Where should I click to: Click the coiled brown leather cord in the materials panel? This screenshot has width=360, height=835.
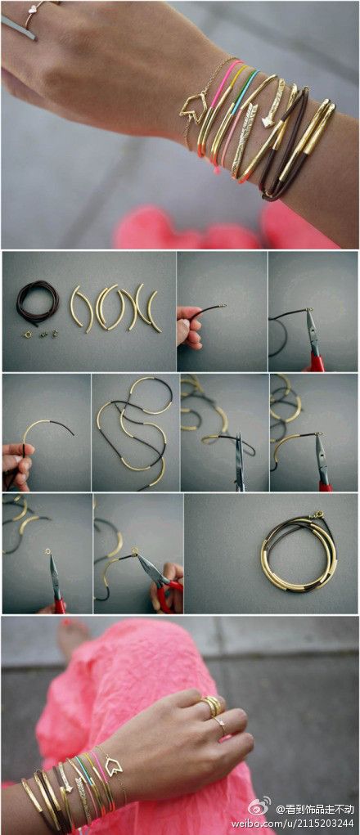(x=38, y=302)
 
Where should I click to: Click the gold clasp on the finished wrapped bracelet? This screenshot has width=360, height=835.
(x=317, y=517)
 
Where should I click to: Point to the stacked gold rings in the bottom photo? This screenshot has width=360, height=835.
(x=211, y=705)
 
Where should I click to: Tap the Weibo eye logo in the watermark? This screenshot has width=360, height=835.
(x=260, y=807)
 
